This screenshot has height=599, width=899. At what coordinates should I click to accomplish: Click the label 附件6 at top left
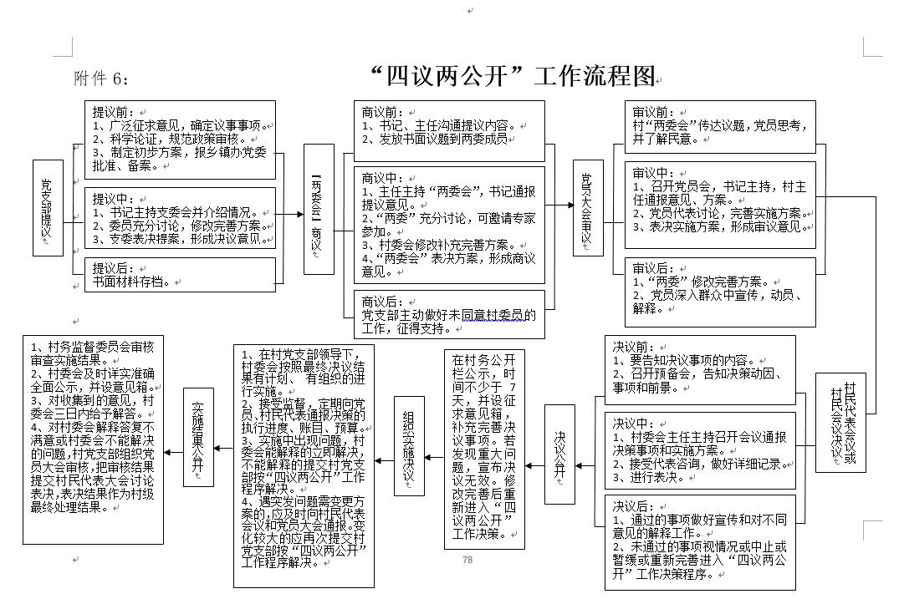[102, 79]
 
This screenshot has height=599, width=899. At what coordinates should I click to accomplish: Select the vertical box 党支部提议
[47, 208]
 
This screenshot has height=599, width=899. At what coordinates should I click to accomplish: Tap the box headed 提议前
[180, 140]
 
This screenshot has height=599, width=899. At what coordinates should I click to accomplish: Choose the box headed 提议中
[180, 220]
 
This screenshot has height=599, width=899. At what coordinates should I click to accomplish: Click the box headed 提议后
[180, 276]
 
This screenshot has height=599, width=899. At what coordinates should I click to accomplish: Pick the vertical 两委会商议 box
[317, 208]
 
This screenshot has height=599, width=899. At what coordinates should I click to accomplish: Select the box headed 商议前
[448, 131]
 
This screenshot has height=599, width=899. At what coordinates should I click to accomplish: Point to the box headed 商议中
[448, 225]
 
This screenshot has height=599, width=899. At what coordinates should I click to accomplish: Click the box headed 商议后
[448, 314]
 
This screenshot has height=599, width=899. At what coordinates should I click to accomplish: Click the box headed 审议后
[720, 292]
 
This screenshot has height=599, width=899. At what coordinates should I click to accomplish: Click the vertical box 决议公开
[559, 454]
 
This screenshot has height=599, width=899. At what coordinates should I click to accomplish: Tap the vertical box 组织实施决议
[409, 454]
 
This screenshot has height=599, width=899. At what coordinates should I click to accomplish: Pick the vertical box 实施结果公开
[198, 437]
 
